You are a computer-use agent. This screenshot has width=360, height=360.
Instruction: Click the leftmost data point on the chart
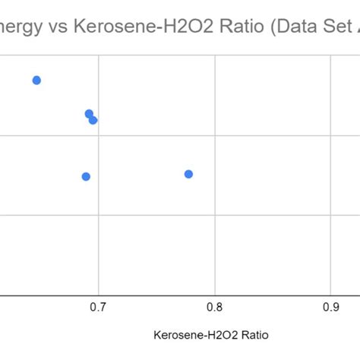tap(36, 81)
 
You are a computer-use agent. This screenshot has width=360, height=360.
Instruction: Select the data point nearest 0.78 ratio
tap(188, 174)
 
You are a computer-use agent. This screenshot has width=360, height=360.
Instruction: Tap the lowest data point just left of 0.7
tap(86, 176)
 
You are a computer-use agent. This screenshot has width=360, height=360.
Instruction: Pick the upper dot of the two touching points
tap(89, 114)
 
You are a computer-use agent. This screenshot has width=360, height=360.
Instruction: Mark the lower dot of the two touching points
tap(93, 120)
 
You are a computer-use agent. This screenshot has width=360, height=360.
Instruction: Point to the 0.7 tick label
tap(98, 307)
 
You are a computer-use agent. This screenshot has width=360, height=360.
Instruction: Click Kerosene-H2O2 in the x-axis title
tap(192, 335)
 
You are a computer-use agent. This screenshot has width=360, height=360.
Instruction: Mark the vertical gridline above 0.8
tap(216, 228)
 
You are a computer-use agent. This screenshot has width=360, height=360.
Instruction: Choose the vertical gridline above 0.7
tap(99, 228)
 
